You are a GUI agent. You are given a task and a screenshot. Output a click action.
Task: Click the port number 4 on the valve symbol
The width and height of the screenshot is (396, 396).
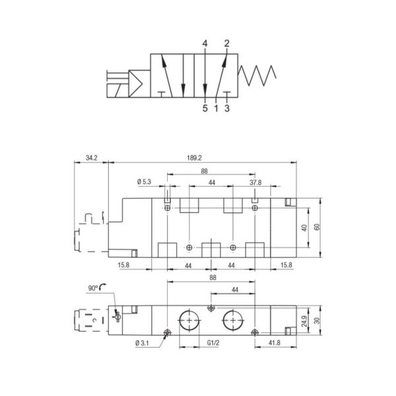205,44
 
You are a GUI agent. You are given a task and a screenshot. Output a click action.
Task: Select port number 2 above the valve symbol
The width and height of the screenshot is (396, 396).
227,44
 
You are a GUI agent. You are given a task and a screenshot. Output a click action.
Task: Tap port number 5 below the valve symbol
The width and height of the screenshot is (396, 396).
205,108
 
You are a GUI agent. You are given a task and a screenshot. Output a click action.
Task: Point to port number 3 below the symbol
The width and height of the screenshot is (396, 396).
227,108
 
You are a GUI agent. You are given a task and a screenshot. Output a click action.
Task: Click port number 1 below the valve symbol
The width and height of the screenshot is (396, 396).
216,108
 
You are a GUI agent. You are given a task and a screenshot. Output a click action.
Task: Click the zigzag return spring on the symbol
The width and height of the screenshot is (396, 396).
257,75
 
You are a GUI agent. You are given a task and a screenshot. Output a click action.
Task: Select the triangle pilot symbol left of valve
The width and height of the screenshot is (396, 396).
135,84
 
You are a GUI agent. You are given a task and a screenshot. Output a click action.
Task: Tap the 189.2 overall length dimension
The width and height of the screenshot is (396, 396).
194,158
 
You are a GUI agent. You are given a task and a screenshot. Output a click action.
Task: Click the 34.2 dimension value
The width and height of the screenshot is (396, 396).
92,158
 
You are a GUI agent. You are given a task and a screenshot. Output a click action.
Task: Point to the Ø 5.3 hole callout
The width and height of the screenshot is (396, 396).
144,182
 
